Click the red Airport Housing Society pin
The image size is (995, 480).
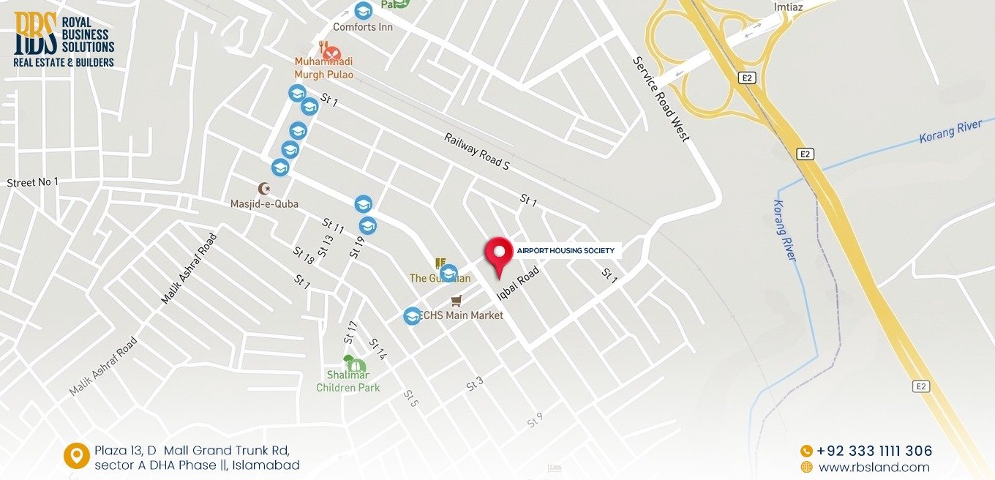[x=500, y=253]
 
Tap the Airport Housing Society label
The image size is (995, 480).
[x=565, y=251]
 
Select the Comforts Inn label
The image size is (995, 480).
[x=363, y=27]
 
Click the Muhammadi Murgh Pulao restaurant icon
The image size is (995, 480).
[x=331, y=53]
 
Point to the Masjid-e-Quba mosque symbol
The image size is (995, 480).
[x=264, y=189]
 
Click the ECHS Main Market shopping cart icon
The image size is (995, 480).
[x=457, y=301]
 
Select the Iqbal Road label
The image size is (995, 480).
[x=518, y=284]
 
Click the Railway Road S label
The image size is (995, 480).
[x=476, y=151]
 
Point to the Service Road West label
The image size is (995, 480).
[x=661, y=99]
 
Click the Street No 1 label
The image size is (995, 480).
[x=32, y=182]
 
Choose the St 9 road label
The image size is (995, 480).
[x=535, y=420]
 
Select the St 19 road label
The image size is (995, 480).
[x=357, y=247]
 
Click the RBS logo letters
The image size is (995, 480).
[x=34, y=33]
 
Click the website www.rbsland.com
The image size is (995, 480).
[x=874, y=467]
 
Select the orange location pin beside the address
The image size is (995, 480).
[x=75, y=455]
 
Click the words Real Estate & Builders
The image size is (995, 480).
[x=64, y=63]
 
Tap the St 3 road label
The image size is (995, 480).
[x=476, y=383]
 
